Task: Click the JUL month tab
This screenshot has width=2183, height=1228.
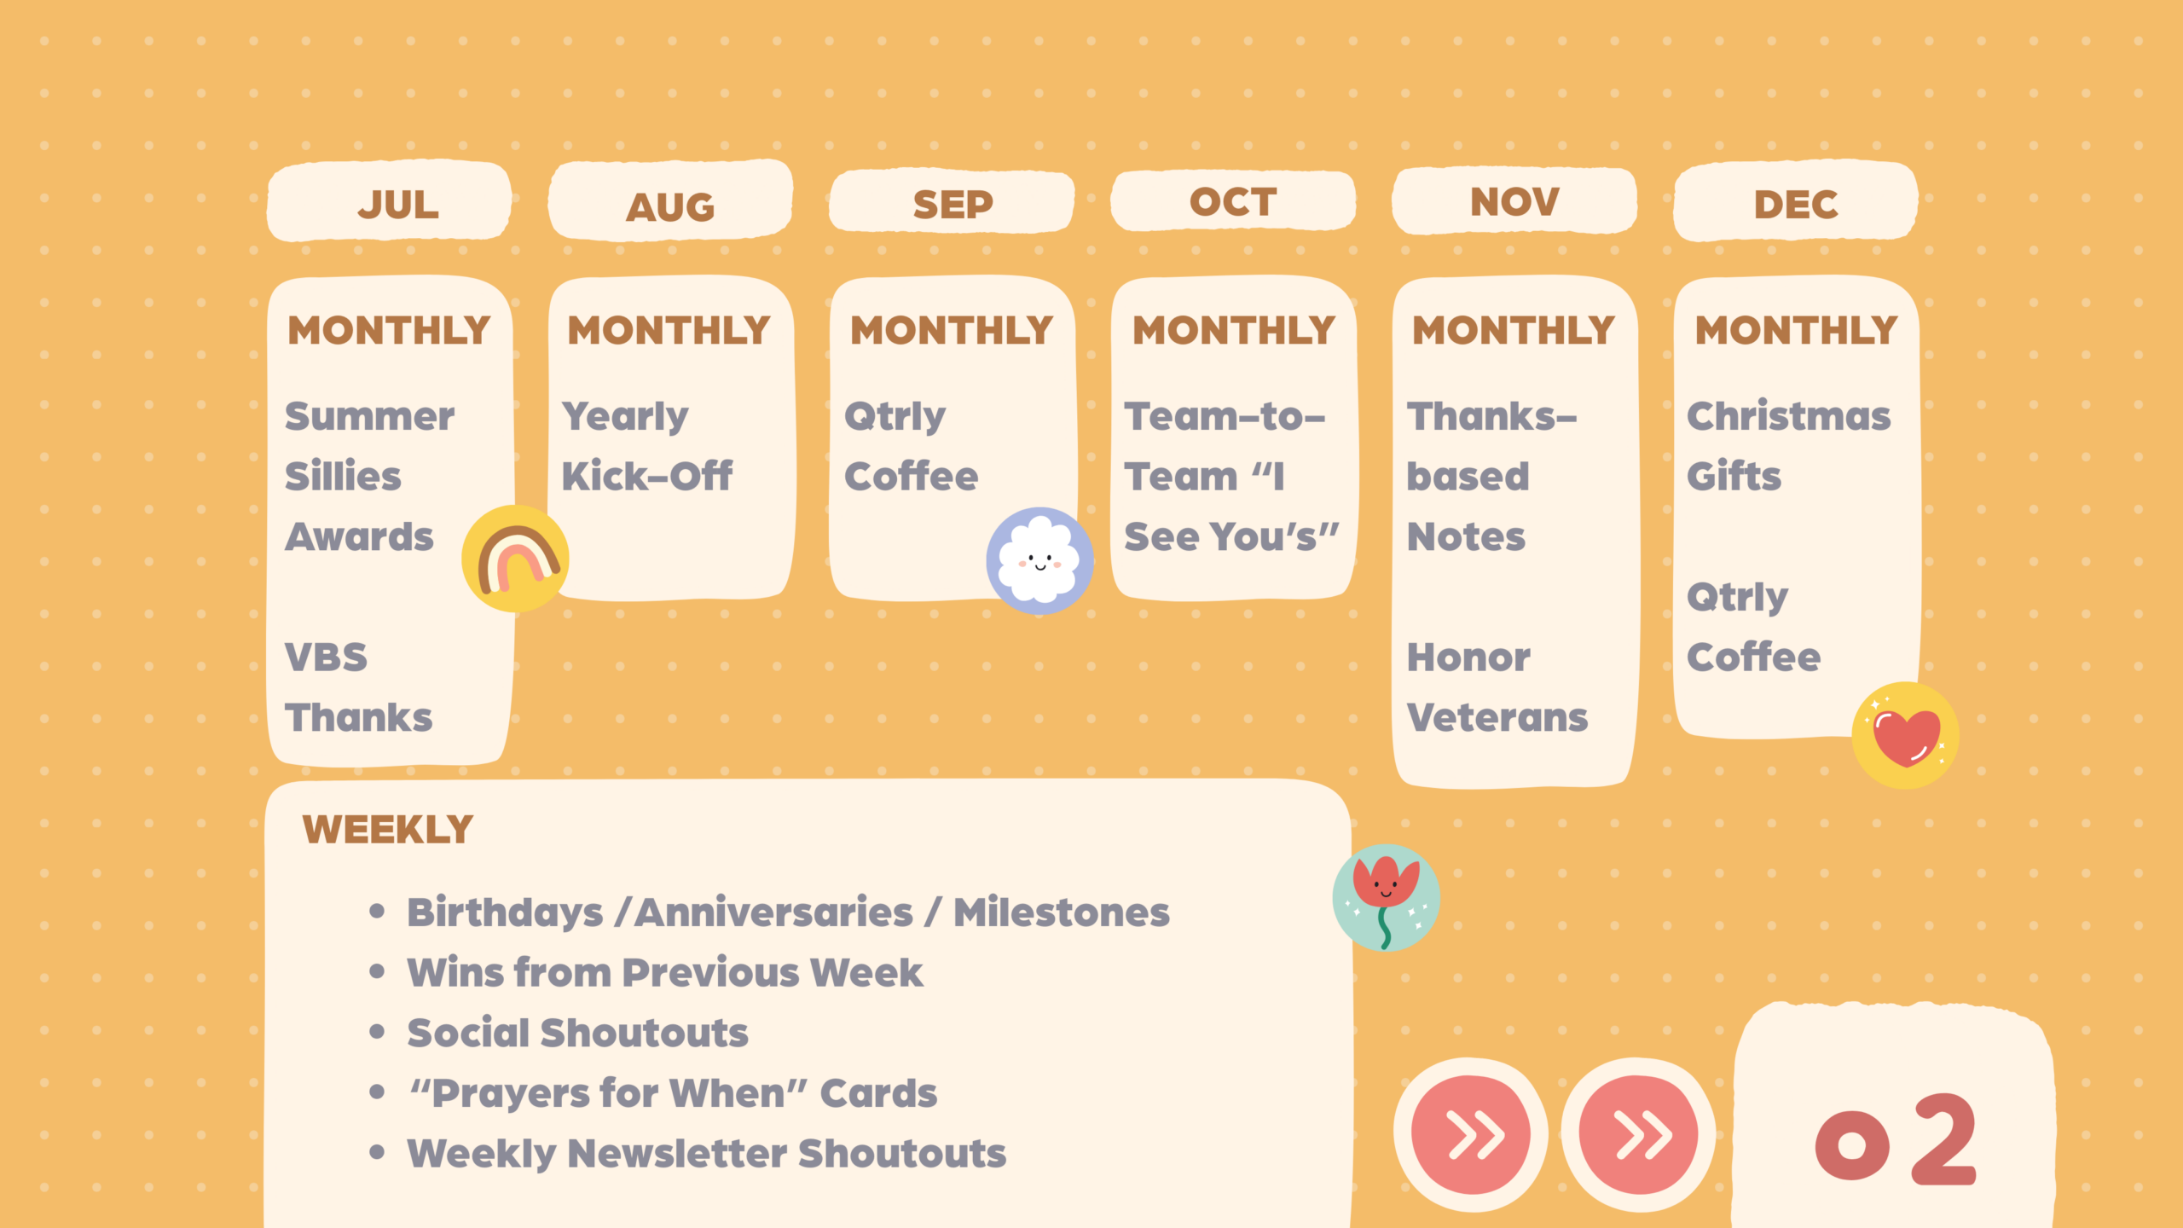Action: point(389,201)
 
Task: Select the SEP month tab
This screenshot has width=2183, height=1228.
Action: point(952,201)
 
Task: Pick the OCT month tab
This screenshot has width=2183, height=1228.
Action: point(1233,200)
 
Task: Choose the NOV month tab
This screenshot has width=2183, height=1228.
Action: point(1514,200)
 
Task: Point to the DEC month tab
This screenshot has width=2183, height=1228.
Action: point(1796,201)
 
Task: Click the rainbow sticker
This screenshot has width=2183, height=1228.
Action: point(515,559)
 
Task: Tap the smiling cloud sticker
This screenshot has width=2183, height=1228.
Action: point(1039,561)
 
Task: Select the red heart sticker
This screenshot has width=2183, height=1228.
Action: point(1905,735)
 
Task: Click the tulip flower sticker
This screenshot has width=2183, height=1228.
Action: point(1387,898)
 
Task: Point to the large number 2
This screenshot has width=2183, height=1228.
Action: point(1944,1140)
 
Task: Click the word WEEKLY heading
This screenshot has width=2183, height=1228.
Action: point(388,830)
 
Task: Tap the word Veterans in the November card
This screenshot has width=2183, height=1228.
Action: point(1497,718)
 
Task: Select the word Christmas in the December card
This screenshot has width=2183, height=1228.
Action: point(1789,416)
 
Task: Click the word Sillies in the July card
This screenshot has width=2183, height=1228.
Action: point(343,477)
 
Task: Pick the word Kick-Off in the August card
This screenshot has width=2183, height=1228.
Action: point(647,477)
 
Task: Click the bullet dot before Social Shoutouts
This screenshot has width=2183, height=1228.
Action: point(378,1032)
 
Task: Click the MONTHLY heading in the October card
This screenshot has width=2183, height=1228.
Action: point(1234,331)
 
